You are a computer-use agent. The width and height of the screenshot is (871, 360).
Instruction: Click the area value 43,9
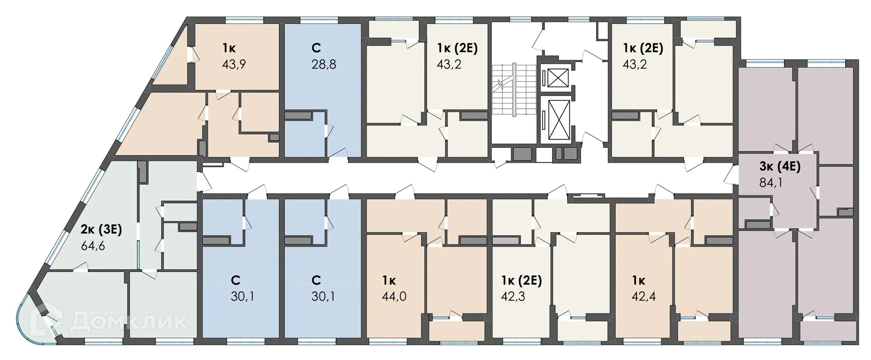[x=234, y=64]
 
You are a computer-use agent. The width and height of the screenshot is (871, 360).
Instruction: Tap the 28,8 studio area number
[x=323, y=64]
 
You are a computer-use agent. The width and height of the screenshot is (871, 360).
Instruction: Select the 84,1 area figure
[x=771, y=183]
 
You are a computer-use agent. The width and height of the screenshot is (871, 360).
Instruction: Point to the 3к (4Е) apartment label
[x=780, y=166]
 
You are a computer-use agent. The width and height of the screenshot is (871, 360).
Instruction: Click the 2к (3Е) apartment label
[x=101, y=230]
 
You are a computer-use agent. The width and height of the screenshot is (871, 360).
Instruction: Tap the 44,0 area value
[x=394, y=297]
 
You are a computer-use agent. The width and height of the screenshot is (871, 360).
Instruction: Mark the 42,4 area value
[x=643, y=297]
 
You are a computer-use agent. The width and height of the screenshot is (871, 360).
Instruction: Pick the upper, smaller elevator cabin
[x=558, y=78]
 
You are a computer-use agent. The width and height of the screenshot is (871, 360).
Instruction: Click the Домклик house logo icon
[x=50, y=321]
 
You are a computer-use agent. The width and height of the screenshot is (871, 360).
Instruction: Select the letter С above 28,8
[x=317, y=48]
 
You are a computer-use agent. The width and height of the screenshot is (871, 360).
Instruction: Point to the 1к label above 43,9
[x=229, y=48]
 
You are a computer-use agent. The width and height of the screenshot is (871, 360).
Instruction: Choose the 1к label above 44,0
[x=389, y=280]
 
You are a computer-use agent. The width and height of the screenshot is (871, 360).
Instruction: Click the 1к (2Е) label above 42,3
[x=522, y=280]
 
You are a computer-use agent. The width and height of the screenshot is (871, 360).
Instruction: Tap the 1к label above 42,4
[x=639, y=280]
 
